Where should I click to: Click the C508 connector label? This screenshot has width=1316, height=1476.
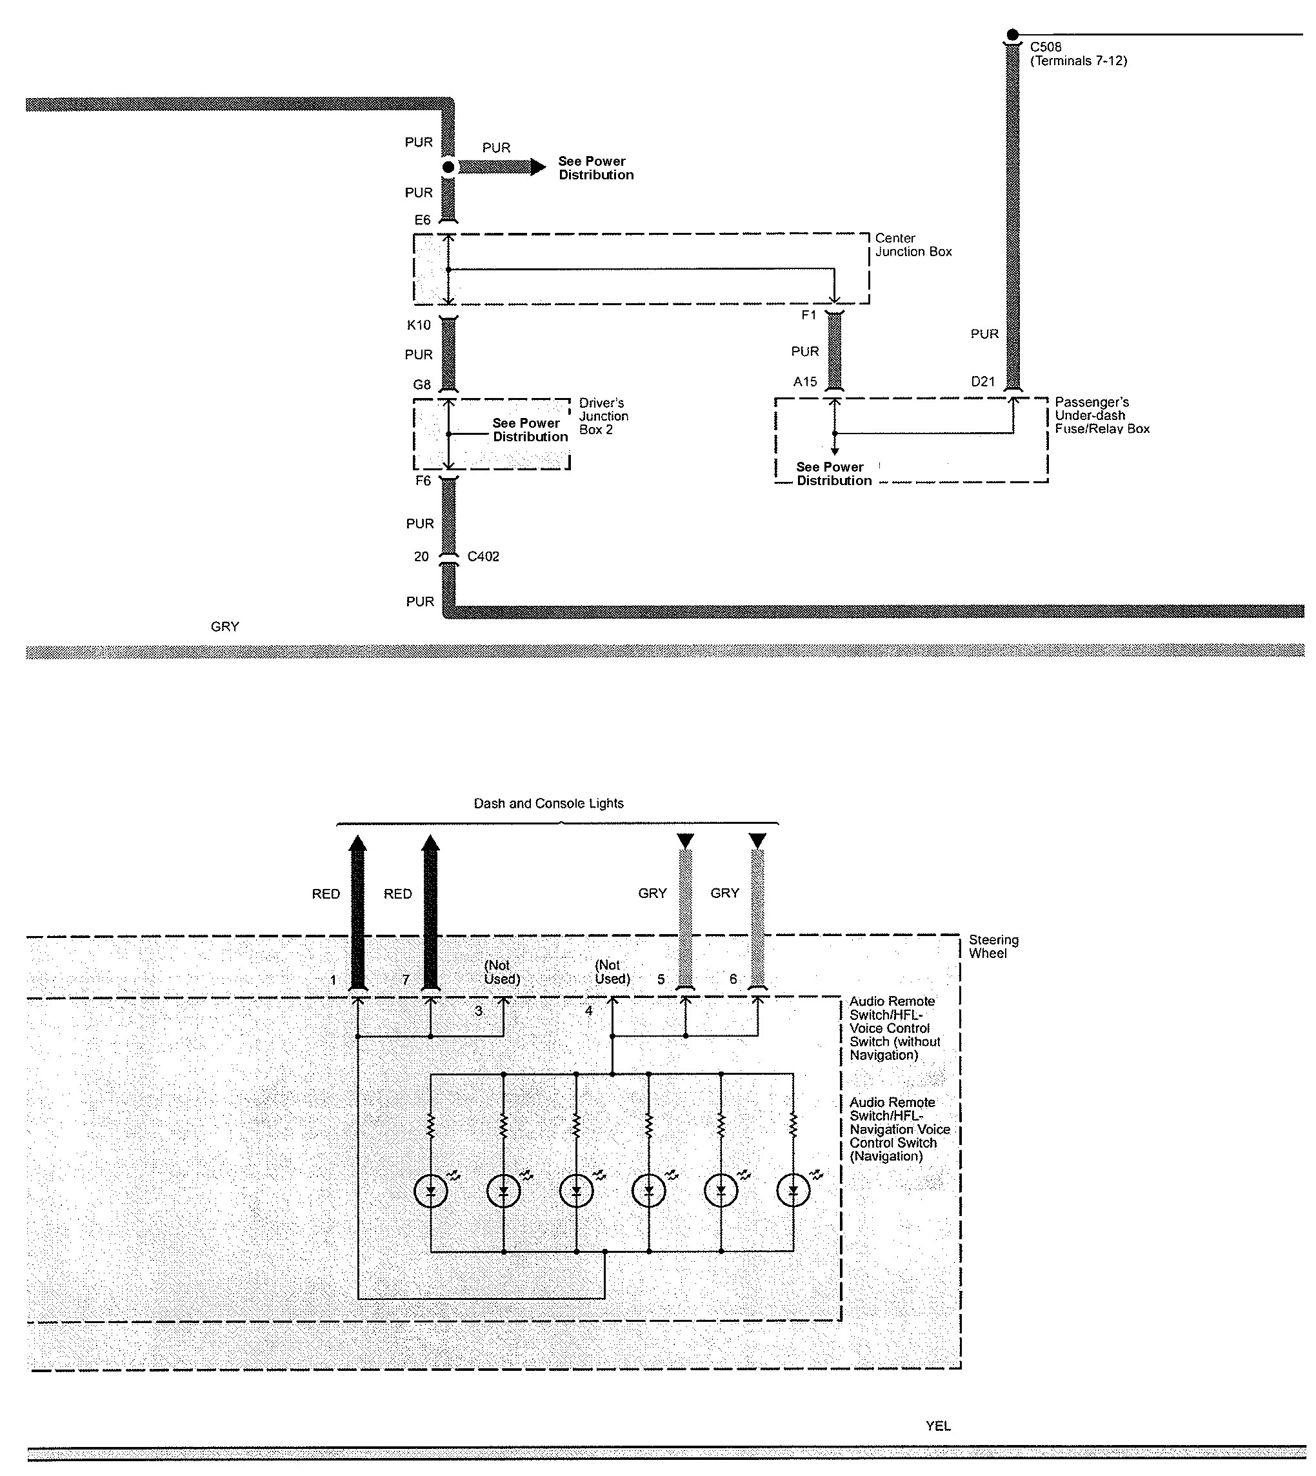(x=1046, y=47)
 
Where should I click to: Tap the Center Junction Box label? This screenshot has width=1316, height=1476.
(x=913, y=245)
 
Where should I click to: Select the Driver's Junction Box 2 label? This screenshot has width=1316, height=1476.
(x=603, y=417)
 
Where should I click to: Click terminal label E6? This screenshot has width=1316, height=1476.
(x=423, y=220)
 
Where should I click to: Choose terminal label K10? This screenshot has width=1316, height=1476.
(x=419, y=324)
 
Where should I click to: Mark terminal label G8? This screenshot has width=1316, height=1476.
(x=423, y=384)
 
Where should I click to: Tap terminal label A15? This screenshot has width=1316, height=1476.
(x=805, y=382)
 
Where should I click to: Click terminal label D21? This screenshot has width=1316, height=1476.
(x=982, y=382)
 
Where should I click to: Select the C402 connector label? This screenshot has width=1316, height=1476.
(x=483, y=557)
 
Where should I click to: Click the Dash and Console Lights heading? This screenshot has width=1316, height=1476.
(x=548, y=803)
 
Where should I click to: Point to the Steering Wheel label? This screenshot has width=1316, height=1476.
(x=993, y=946)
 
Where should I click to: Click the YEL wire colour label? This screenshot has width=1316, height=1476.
(x=938, y=1426)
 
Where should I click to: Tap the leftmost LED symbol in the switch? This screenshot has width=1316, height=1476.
(x=431, y=1191)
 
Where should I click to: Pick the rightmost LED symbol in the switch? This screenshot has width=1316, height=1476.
(x=793, y=1191)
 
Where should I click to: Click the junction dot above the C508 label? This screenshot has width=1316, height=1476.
(x=1012, y=35)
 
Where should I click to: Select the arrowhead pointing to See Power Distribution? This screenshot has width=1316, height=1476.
(x=538, y=168)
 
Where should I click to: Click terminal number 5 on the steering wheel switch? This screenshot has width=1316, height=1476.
(x=661, y=980)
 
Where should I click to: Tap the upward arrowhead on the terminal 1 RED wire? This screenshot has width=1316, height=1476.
(x=358, y=843)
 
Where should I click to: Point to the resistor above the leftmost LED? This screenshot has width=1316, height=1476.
(x=431, y=1125)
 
